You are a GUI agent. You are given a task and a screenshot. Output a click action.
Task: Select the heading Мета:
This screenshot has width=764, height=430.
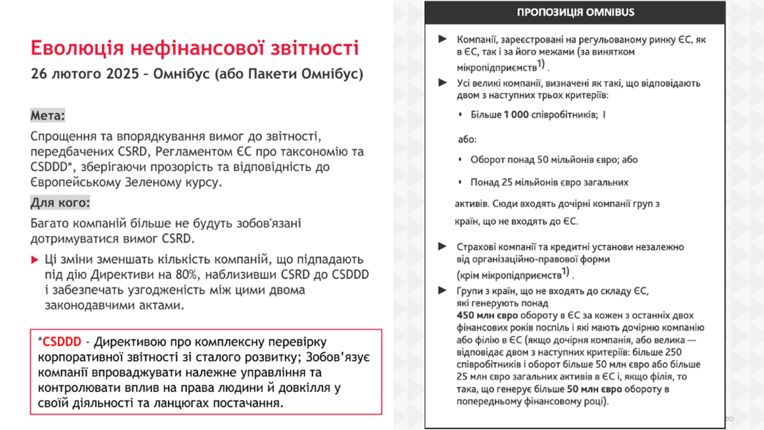click(x=48, y=116)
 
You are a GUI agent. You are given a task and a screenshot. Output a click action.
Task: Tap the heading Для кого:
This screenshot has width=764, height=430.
click(x=61, y=203)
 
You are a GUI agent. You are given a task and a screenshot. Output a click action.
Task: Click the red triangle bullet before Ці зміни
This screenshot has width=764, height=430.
click(x=35, y=260)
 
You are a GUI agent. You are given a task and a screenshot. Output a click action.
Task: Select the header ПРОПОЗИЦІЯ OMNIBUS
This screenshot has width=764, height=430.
click(x=575, y=12)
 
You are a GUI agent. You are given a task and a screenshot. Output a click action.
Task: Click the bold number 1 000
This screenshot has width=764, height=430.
click(x=516, y=115)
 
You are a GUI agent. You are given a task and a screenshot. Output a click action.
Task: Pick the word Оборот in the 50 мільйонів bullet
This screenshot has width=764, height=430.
click(x=488, y=160)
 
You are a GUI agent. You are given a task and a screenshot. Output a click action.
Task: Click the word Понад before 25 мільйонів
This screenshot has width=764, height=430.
click(x=485, y=183)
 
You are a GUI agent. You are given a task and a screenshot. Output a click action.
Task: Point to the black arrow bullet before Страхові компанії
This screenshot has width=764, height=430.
click(x=443, y=247)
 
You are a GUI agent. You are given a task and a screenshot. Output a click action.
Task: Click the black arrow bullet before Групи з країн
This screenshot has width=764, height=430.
click(x=443, y=291)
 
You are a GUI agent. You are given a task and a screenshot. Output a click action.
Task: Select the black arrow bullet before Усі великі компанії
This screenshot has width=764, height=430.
click(x=443, y=83)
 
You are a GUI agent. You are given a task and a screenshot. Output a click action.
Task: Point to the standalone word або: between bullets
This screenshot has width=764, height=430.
click(x=466, y=140)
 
